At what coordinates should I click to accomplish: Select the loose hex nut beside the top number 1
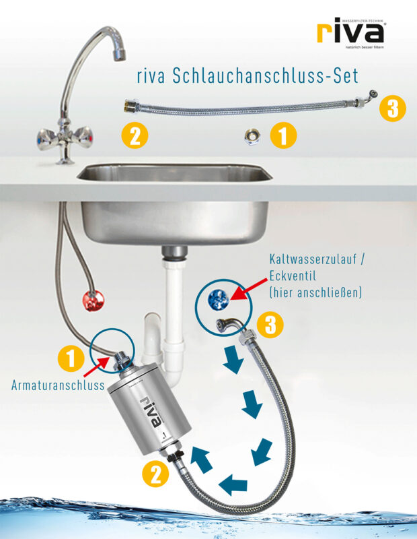point(252,137)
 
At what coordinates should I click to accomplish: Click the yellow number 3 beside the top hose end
point(393,108)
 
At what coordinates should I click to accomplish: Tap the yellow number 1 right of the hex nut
point(283,136)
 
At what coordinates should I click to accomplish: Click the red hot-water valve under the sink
point(92,300)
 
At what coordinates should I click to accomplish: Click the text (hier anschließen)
point(315,292)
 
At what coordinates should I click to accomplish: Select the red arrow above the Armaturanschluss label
point(98,369)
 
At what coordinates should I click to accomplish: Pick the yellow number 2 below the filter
point(155,474)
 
